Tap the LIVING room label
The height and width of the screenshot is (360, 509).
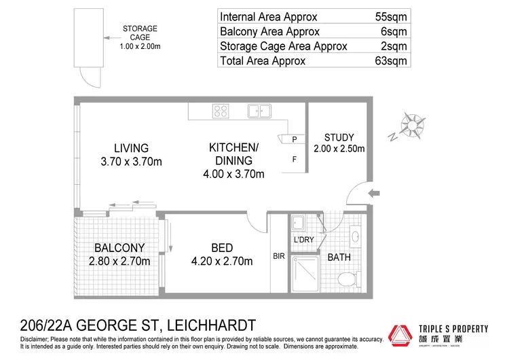coord(131,148)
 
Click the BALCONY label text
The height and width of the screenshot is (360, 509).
coord(119,248)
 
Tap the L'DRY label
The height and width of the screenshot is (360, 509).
coord(303,240)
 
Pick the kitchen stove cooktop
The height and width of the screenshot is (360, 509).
coord(220,111)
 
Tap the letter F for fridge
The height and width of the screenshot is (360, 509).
coord(295,160)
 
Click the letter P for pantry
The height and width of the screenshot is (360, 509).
coord(295,140)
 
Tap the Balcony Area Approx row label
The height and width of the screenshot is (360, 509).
coord(262,32)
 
